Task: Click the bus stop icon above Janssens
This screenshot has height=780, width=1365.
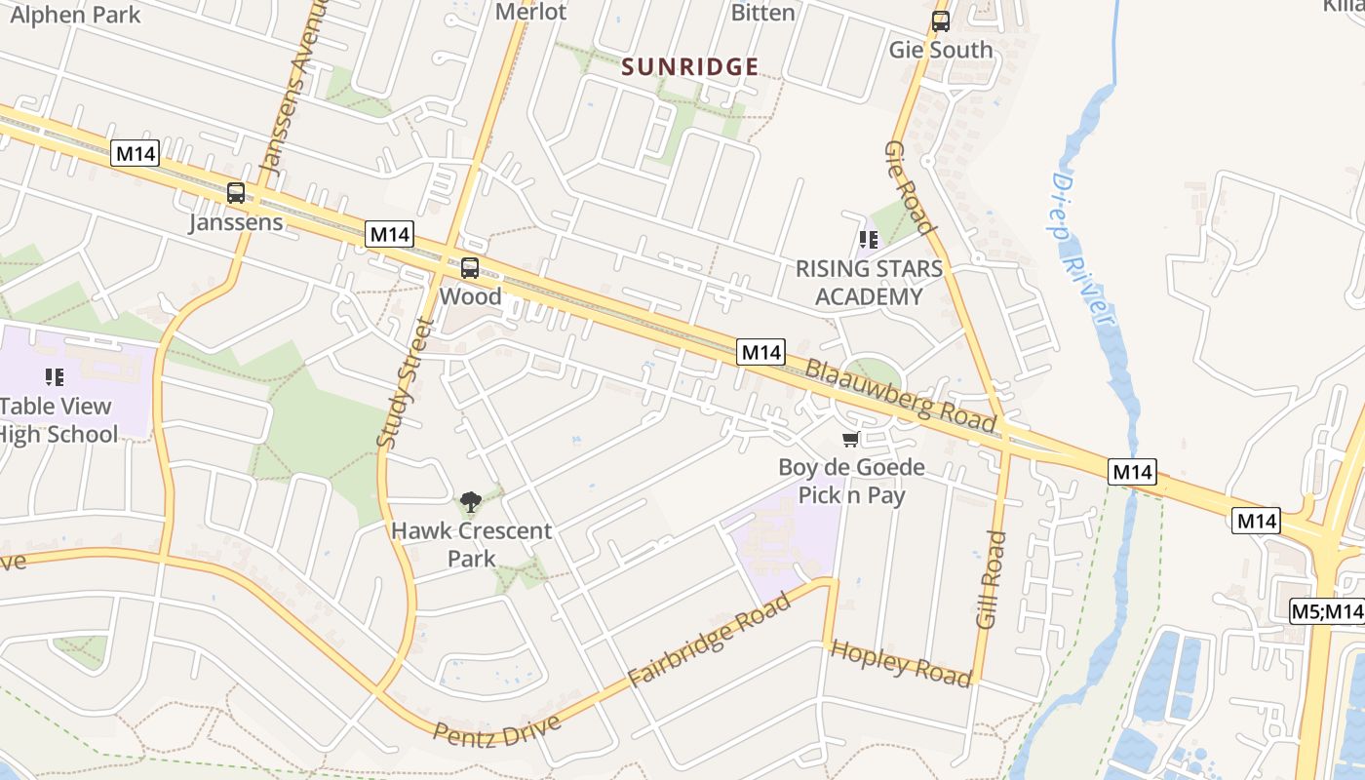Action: (236, 193)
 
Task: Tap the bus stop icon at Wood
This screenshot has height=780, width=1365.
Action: (470, 268)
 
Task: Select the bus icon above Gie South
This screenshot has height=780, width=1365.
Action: (940, 21)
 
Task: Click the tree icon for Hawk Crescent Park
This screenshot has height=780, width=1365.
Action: (471, 502)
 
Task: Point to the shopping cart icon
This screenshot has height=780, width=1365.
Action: (850, 440)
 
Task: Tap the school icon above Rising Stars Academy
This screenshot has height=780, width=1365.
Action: (869, 239)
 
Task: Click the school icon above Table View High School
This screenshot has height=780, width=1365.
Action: (55, 376)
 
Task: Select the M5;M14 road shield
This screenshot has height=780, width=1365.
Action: (1327, 611)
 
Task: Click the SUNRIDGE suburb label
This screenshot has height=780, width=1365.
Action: (690, 66)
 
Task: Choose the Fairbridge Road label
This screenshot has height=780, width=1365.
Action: (709, 639)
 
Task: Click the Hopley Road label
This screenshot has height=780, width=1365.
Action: (900, 663)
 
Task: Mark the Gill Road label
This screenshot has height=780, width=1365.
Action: (990, 579)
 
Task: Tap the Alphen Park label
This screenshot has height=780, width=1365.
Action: (74, 15)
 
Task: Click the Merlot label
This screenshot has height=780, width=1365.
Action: (530, 12)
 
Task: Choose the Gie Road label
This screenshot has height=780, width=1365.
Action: (910, 187)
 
